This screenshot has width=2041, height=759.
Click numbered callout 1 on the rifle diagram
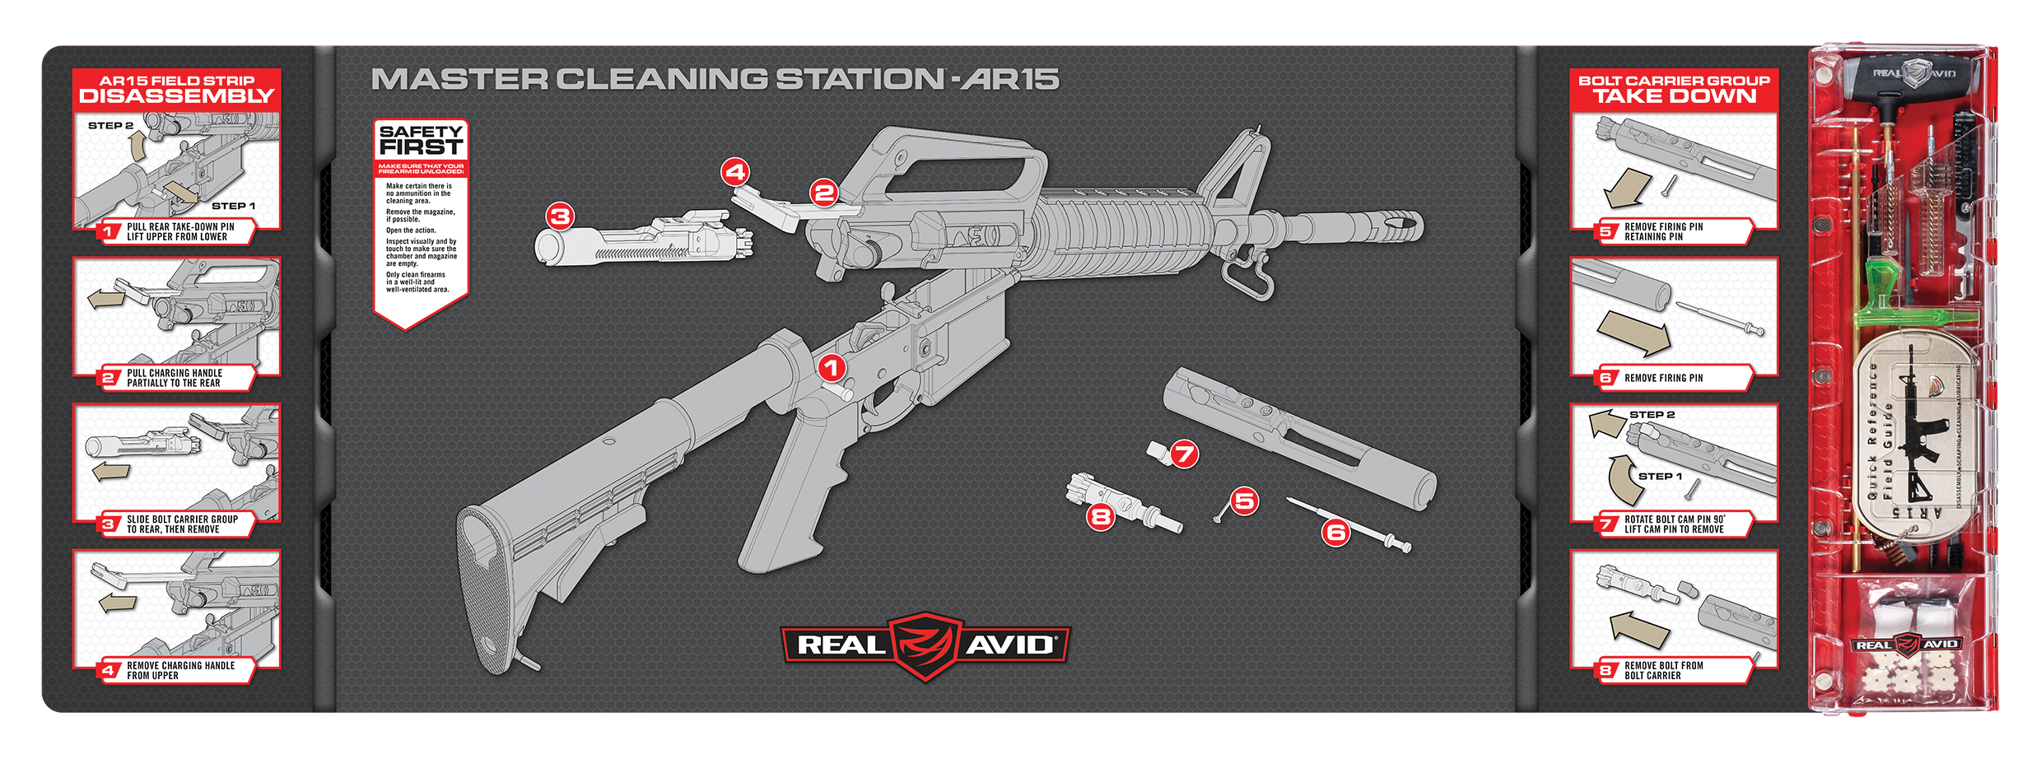832,367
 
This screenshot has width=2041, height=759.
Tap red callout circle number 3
560,217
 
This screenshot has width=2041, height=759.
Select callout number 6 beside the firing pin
1335,533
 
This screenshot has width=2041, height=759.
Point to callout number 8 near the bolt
1101,516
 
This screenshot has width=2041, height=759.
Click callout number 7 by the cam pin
1184,454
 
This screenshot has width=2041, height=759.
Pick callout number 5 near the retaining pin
1244,500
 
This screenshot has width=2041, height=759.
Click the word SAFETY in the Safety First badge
421,132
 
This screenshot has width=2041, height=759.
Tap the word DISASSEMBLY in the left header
176,96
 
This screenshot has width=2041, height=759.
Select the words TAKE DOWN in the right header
1675,96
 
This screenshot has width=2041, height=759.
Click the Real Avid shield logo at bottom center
925,645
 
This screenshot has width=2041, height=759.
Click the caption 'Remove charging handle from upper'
179,670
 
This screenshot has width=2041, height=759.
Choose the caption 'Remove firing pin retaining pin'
1663,231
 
